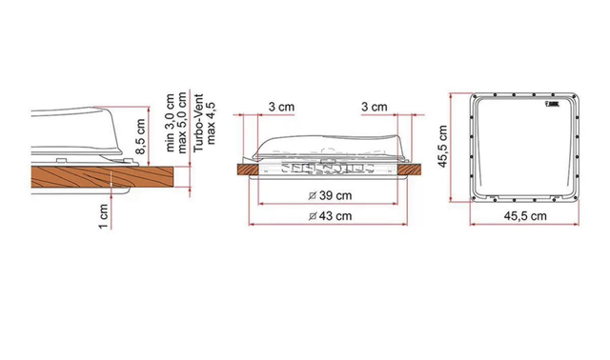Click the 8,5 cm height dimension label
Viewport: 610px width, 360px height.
coord(140,136)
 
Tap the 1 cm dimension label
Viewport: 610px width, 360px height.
coord(103,216)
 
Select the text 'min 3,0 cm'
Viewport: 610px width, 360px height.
coord(170,123)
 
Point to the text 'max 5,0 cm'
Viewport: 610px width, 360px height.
coord(182,123)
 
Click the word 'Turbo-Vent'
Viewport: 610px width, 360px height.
coord(198,123)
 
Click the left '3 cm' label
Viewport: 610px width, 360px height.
coord(281,107)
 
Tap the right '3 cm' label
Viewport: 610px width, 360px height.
coord(375,107)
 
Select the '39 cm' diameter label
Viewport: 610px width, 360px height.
coord(335,195)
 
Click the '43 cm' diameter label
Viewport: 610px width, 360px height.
coord(335,215)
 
